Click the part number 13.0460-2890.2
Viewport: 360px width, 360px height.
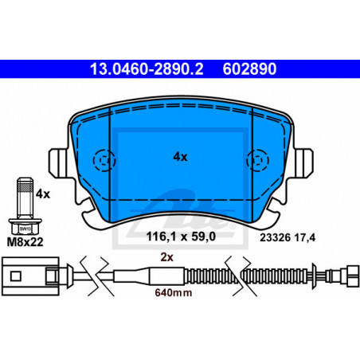coord(147,69)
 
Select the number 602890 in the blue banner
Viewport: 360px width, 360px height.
coord(249,69)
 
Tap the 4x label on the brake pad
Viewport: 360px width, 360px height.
coord(180,157)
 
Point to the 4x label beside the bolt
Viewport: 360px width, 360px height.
coord(43,194)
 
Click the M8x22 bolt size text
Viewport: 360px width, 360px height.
coord(25,242)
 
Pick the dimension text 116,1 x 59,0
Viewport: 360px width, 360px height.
coord(181,237)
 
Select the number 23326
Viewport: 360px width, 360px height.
coord(276,237)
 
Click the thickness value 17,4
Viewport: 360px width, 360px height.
coord(305,238)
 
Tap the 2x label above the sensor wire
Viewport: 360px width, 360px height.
coord(166,257)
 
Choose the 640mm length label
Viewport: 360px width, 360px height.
coord(174,292)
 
